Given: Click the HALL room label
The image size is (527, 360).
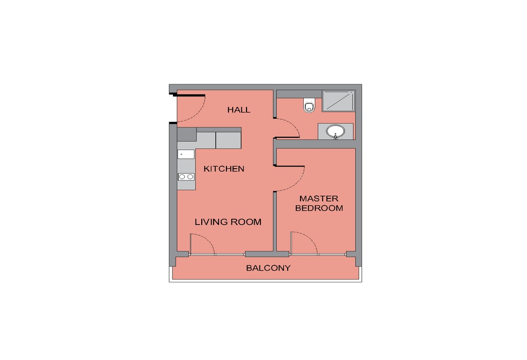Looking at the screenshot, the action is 239,110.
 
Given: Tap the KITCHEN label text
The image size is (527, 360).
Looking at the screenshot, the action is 224,169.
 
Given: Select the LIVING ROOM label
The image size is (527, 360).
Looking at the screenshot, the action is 228,222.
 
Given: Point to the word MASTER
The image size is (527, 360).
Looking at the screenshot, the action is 319,199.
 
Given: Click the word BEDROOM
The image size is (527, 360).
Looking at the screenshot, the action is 319,208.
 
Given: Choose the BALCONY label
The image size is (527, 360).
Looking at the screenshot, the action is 268,268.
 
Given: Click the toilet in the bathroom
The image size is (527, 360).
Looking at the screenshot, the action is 309,105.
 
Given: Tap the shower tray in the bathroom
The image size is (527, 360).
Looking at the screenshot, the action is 339,100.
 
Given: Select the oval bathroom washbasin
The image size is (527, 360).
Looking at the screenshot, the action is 335,131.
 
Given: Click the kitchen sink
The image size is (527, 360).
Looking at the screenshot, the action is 186,154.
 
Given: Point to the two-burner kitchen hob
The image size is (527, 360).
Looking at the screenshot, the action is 186,176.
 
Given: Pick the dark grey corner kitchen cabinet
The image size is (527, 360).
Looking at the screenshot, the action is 186,134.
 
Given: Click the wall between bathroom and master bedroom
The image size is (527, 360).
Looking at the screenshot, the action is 317,145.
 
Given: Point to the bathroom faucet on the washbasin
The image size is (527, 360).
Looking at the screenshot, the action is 335,136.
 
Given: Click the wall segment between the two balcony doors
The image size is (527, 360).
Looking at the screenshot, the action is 267,254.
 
